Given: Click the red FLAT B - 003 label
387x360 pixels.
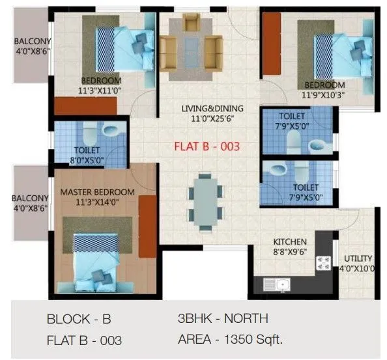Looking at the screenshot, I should (207, 146).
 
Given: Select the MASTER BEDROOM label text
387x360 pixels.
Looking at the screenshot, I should (97, 192).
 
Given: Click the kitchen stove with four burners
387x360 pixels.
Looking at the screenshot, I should (322, 262).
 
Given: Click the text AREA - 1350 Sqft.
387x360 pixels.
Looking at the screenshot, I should (229, 339).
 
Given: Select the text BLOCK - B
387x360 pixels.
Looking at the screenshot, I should (79, 320).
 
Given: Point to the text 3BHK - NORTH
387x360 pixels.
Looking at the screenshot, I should (222, 319).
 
